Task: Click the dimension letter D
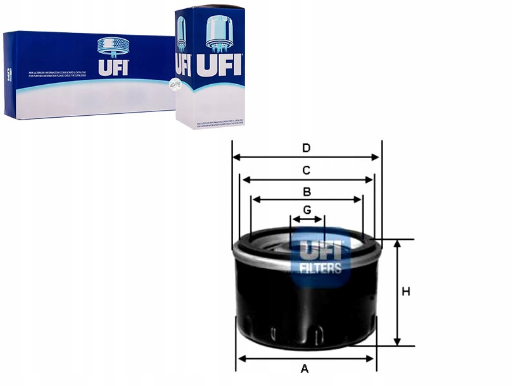(x=307, y=148)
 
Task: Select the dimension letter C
(x=306, y=170)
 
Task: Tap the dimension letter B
(x=307, y=191)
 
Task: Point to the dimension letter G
(x=307, y=209)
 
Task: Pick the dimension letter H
(x=406, y=292)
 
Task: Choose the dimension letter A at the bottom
(x=304, y=369)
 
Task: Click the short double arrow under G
(x=307, y=220)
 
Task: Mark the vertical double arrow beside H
(x=397, y=293)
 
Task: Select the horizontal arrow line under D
(x=307, y=158)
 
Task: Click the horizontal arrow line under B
(x=307, y=199)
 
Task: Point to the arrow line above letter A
(x=306, y=359)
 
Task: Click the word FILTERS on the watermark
(x=320, y=268)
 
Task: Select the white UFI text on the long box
(x=113, y=67)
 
